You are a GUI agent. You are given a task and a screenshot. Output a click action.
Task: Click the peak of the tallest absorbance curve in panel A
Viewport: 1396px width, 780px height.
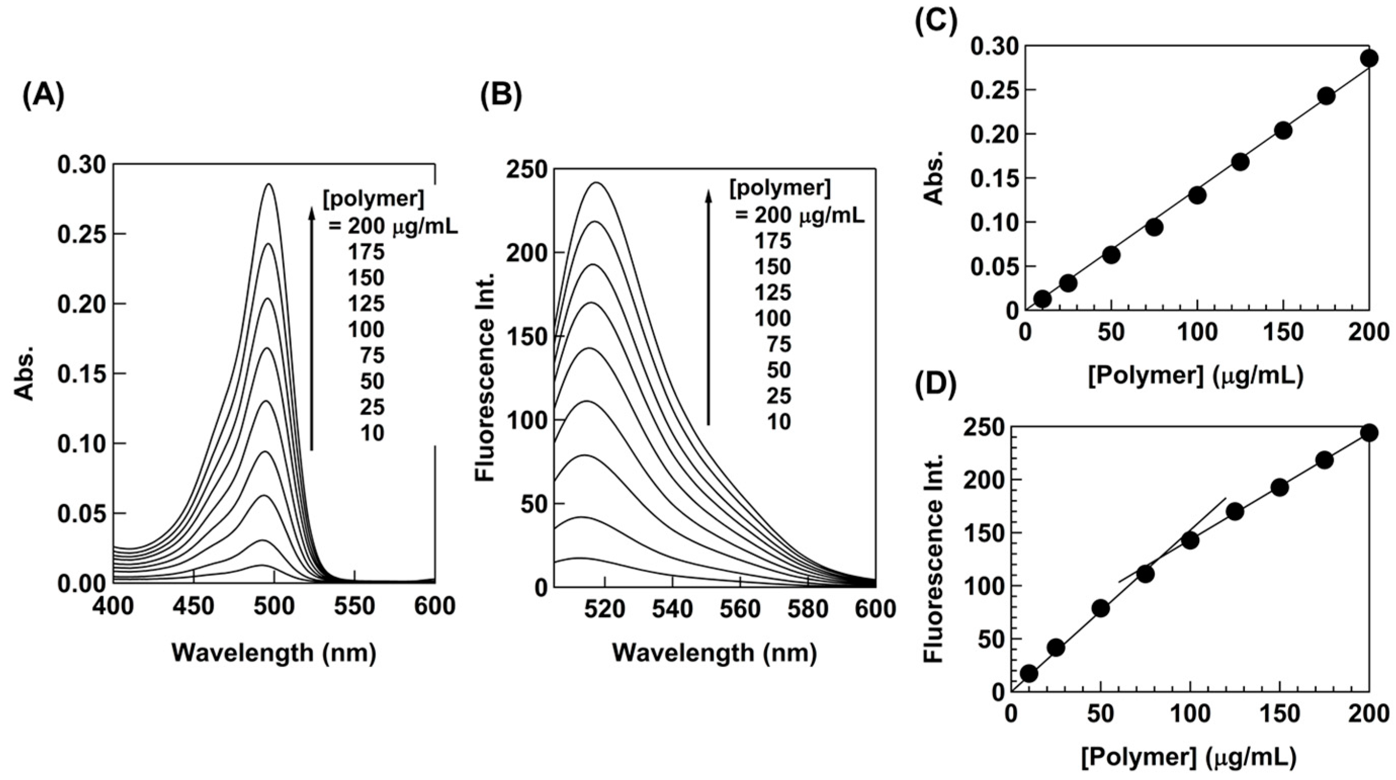[x=269, y=184]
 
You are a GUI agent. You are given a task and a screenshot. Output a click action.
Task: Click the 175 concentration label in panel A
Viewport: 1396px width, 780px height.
[x=367, y=252]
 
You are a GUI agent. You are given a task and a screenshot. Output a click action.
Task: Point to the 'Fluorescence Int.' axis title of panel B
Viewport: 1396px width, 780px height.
[x=486, y=377]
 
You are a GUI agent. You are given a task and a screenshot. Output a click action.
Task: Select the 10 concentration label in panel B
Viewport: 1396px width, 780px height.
[x=779, y=422]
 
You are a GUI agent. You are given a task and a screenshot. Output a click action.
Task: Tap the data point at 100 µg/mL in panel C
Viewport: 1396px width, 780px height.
[x=1197, y=195]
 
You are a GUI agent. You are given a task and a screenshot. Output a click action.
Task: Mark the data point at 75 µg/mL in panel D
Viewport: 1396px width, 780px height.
[x=1145, y=574]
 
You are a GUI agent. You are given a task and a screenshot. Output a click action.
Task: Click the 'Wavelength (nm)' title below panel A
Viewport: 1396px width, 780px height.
[x=274, y=653]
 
